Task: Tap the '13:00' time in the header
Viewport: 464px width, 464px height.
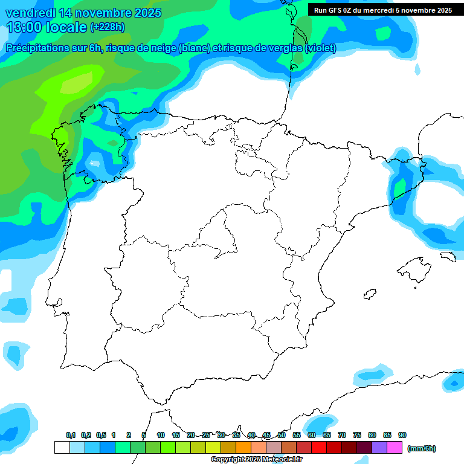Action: pos(25,27)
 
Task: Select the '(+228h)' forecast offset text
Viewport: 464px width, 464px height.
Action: pos(107,27)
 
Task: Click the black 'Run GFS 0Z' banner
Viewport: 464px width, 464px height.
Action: pos(382,10)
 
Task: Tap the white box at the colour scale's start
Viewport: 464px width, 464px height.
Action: pos(62,447)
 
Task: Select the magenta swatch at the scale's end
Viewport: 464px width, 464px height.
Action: pos(395,447)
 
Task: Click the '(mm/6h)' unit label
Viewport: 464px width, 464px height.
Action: pos(421,448)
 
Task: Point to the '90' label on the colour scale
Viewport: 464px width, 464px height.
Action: pos(402,435)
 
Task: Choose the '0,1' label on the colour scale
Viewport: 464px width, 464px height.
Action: pos(71,435)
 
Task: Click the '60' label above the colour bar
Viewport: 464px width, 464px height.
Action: pos(312,435)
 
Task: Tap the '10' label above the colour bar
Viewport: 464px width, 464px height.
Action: pos(160,435)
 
